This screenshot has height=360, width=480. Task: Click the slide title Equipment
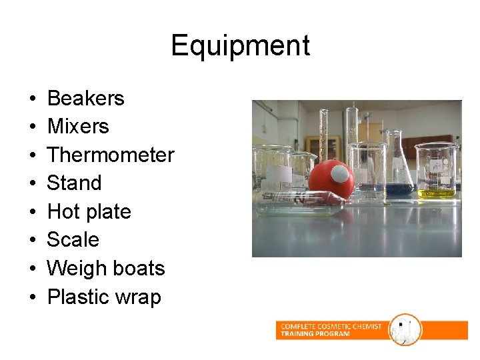click(240, 46)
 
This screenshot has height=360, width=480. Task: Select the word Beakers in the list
click(86, 99)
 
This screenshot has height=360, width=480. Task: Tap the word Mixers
click(78, 127)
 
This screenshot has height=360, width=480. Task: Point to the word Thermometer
click(111, 155)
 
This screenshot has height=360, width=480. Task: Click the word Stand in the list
click(74, 183)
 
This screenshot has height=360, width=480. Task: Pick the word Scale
click(73, 240)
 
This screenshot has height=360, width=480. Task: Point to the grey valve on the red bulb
click(341, 175)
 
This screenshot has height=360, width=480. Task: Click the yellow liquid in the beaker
click(437, 193)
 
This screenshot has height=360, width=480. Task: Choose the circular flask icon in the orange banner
click(405, 329)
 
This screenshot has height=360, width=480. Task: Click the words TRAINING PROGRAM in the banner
click(315, 333)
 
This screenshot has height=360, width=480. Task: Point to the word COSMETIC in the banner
click(336, 326)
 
